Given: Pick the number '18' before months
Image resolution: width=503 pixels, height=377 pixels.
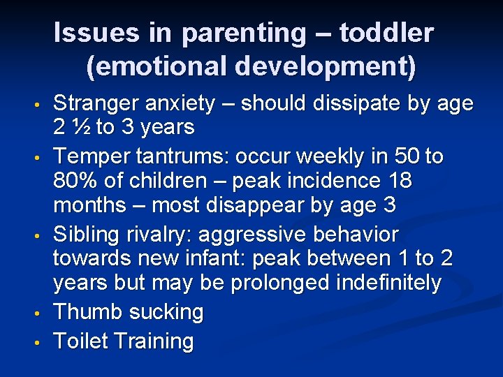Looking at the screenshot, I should click(x=398, y=182).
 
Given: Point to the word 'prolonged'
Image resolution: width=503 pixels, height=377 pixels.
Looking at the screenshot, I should click(x=292, y=283).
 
